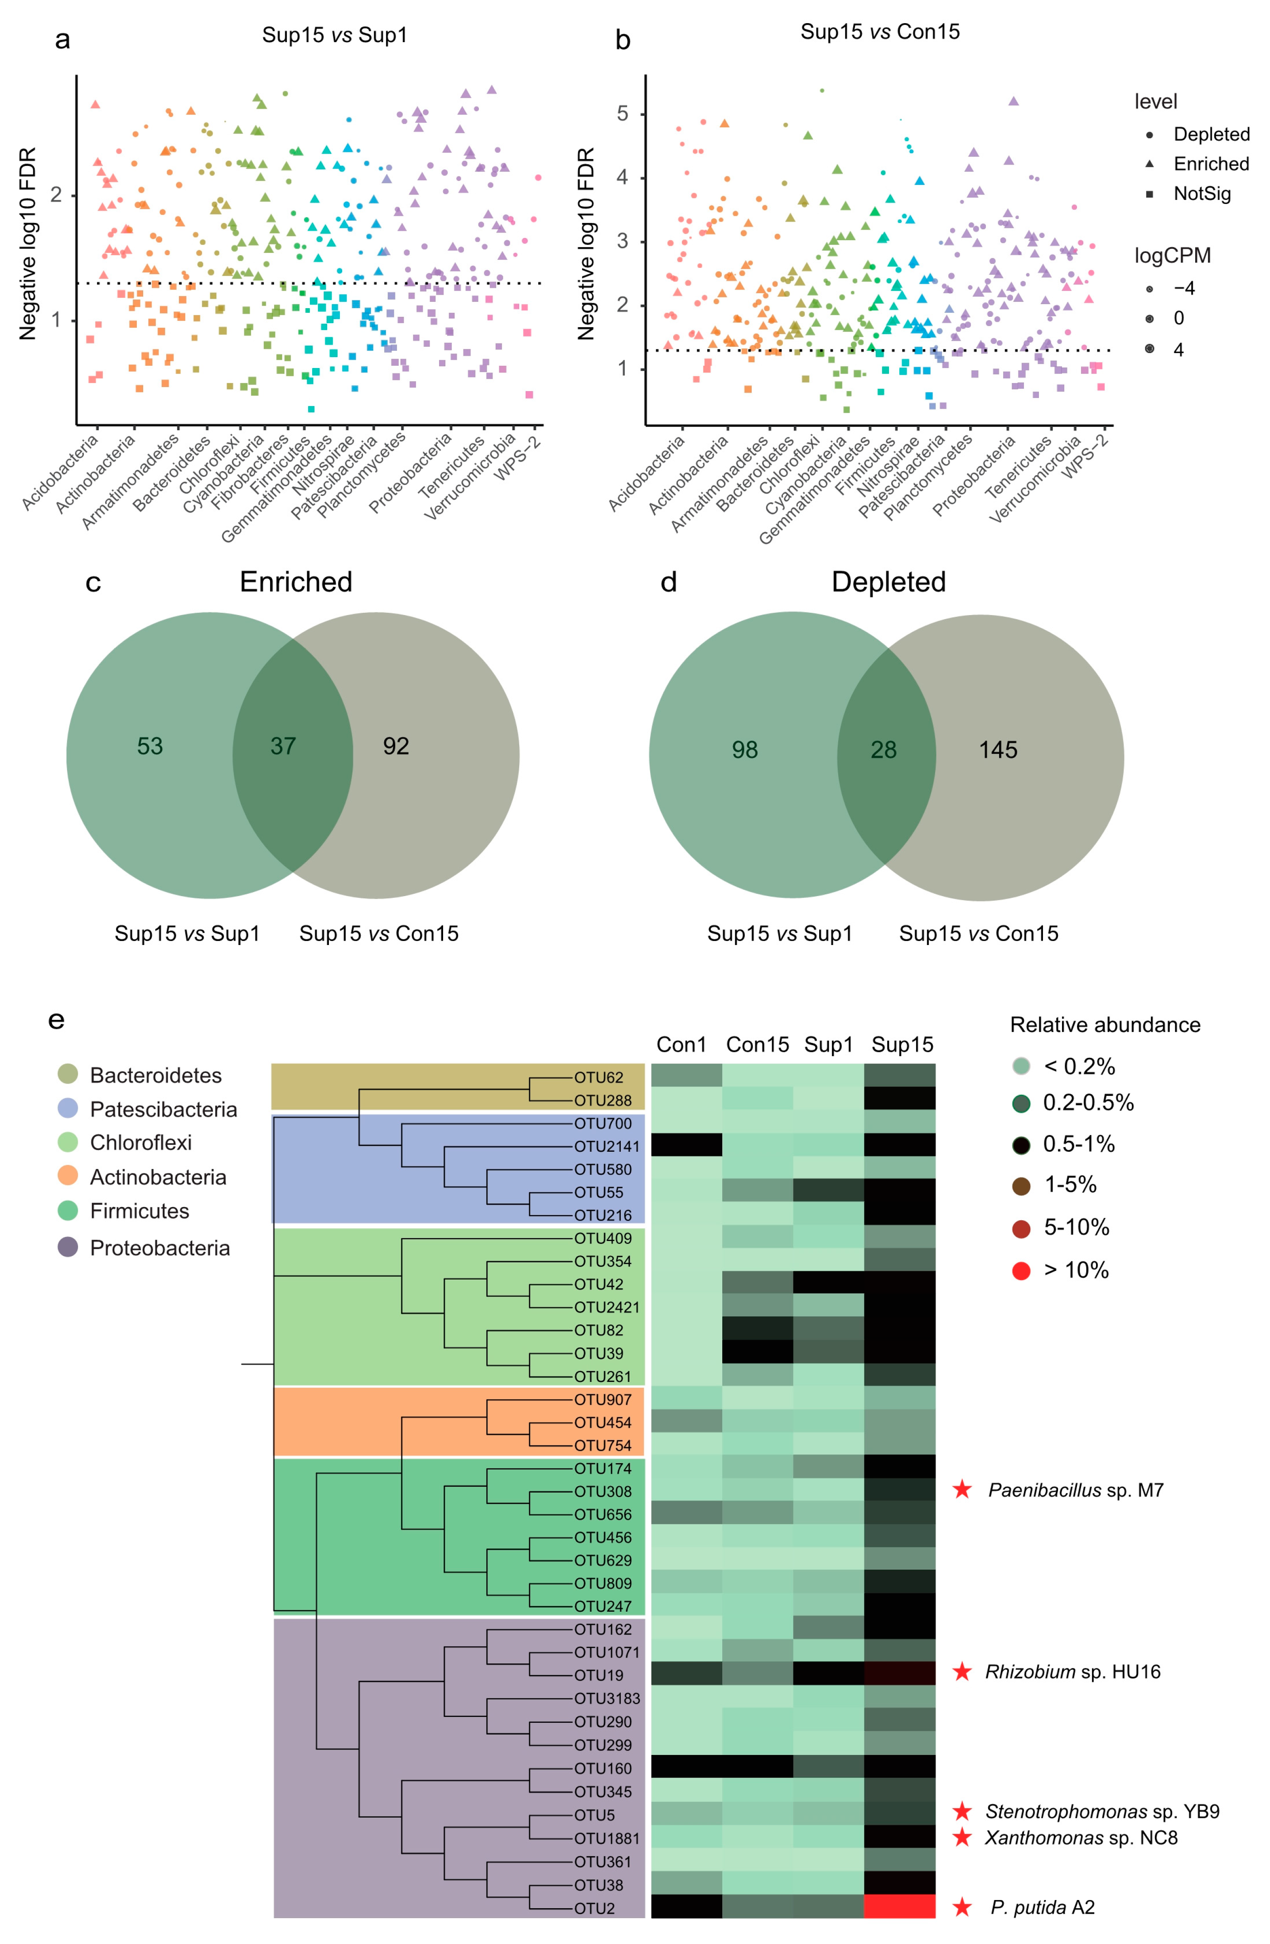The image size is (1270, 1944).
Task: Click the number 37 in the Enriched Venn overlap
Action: (x=283, y=746)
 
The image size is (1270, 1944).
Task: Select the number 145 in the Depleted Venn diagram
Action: (x=998, y=750)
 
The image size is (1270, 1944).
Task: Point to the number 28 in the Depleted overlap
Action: (x=883, y=750)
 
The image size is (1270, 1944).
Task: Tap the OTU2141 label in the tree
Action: (x=606, y=1146)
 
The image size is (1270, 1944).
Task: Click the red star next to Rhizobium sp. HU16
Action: (x=962, y=1672)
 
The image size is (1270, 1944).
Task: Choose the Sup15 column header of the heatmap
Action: (x=902, y=1045)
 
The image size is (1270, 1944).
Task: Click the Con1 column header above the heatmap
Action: (x=681, y=1045)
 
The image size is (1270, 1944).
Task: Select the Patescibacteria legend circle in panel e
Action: (x=68, y=1108)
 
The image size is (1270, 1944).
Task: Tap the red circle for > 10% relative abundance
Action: (x=1021, y=1270)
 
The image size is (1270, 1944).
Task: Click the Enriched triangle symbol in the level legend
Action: (x=1149, y=164)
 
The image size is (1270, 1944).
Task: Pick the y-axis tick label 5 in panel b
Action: (x=623, y=113)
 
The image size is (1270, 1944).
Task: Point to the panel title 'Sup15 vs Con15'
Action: (x=879, y=32)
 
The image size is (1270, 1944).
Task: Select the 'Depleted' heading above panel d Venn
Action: (x=888, y=582)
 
